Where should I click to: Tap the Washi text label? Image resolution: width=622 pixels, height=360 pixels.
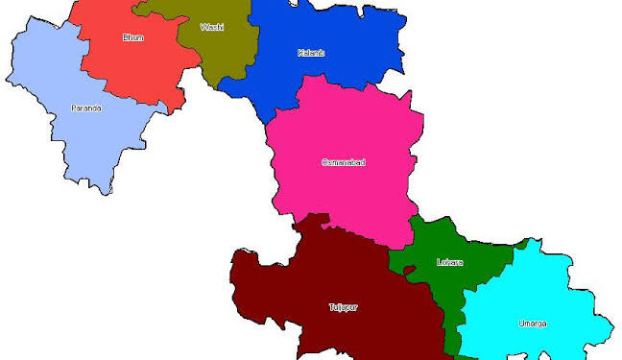click(x=212, y=27)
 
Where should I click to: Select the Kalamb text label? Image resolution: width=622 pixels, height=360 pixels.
click(x=311, y=52)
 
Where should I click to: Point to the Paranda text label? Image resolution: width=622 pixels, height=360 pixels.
click(x=86, y=108)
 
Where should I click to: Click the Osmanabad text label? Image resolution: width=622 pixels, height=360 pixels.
click(x=343, y=162)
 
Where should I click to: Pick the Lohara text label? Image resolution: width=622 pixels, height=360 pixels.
click(x=449, y=262)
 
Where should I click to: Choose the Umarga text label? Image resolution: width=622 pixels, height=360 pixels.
click(x=533, y=323)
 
